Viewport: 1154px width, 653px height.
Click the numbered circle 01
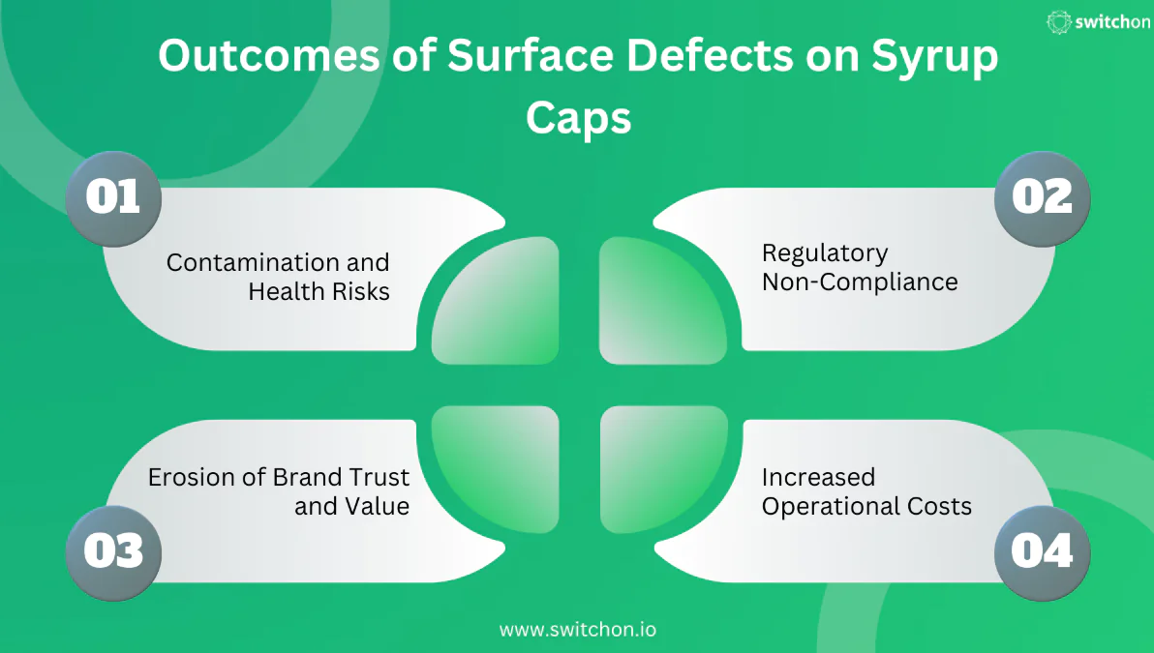pyautogui.click(x=112, y=198)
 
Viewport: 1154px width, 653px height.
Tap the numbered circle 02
pyautogui.click(x=1043, y=198)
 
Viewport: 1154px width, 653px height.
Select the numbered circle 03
pyautogui.click(x=112, y=551)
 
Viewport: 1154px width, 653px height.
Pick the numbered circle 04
pyautogui.click(x=1043, y=551)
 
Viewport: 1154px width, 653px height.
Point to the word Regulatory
pyautogui.click(x=825, y=253)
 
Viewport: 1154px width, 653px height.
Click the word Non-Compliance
pyautogui.click(x=860, y=282)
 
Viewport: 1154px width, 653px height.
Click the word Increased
pyautogui.click(x=818, y=477)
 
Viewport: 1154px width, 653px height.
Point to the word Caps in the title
pyautogui.click(x=578, y=118)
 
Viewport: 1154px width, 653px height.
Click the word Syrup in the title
pyautogui.click(x=934, y=58)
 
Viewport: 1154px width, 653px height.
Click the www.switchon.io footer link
pyautogui.click(x=577, y=629)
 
